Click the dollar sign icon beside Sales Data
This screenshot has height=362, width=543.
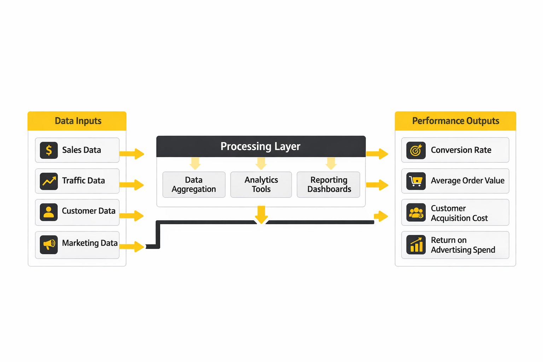pyautogui.click(x=49, y=150)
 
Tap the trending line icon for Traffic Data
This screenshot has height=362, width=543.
pyautogui.click(x=49, y=181)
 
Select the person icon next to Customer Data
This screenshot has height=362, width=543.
pyautogui.click(x=49, y=212)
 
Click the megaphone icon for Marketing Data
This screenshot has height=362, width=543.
pyautogui.click(x=49, y=244)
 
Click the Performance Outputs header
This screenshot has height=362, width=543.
pyautogui.click(x=455, y=121)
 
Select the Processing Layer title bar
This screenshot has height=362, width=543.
pyautogui.click(x=261, y=146)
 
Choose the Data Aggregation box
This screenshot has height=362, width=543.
pyautogui.click(x=194, y=185)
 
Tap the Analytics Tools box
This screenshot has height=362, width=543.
pyautogui.click(x=261, y=185)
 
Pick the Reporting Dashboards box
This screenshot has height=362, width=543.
pyautogui.click(x=329, y=185)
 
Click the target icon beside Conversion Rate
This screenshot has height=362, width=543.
pyautogui.click(x=416, y=150)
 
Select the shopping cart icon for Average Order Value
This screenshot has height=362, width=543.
pyautogui.click(x=416, y=181)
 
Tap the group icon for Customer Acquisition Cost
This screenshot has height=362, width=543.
pyautogui.click(x=416, y=212)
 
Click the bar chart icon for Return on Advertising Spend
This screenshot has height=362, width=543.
pyautogui.click(x=416, y=245)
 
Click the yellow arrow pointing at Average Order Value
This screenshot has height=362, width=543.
pyautogui.click(x=378, y=185)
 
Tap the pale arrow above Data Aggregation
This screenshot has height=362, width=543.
pyautogui.click(x=195, y=163)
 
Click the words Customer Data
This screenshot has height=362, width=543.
pyautogui.click(x=88, y=211)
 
